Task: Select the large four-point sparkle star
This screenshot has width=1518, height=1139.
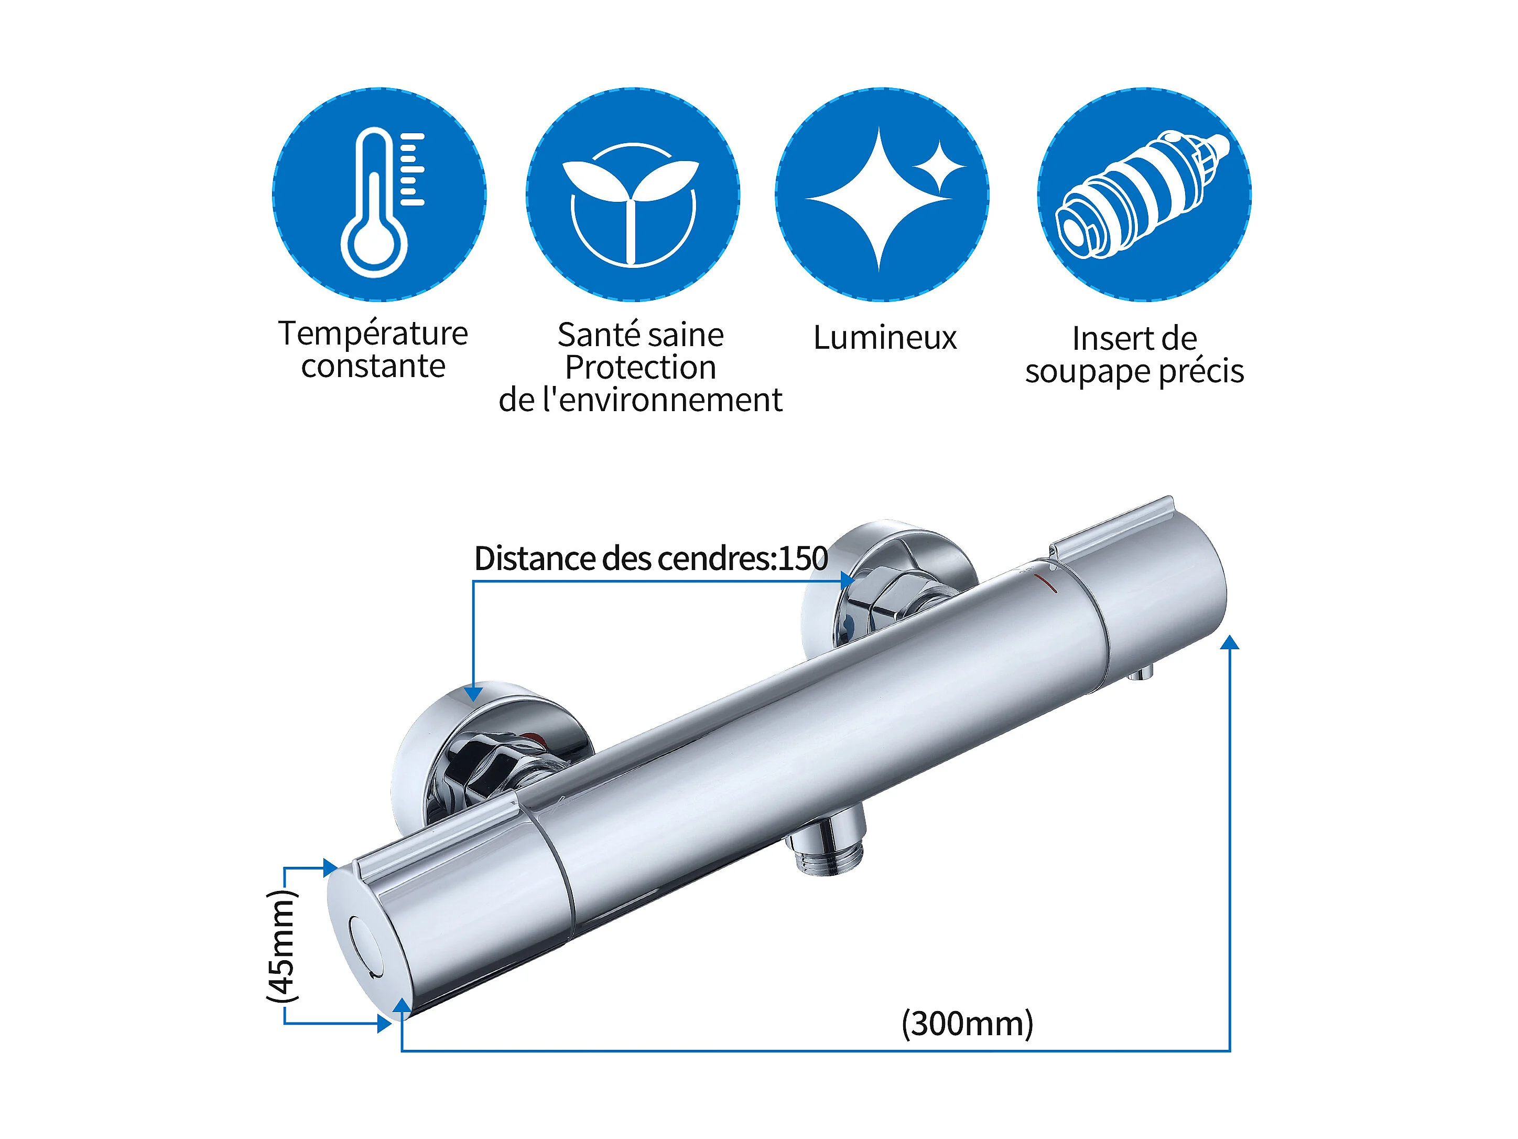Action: (879, 199)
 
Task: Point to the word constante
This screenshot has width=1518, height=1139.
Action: (373, 366)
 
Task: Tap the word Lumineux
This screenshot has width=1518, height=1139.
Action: (885, 338)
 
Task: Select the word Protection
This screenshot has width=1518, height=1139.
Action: (641, 367)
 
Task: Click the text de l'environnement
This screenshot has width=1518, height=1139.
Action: (641, 400)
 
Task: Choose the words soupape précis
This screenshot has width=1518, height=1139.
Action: (1134, 371)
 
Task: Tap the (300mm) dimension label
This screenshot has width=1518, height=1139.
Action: (967, 1024)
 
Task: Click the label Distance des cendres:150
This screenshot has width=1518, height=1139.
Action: (650, 558)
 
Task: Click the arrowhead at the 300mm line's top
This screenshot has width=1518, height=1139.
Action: (1230, 642)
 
